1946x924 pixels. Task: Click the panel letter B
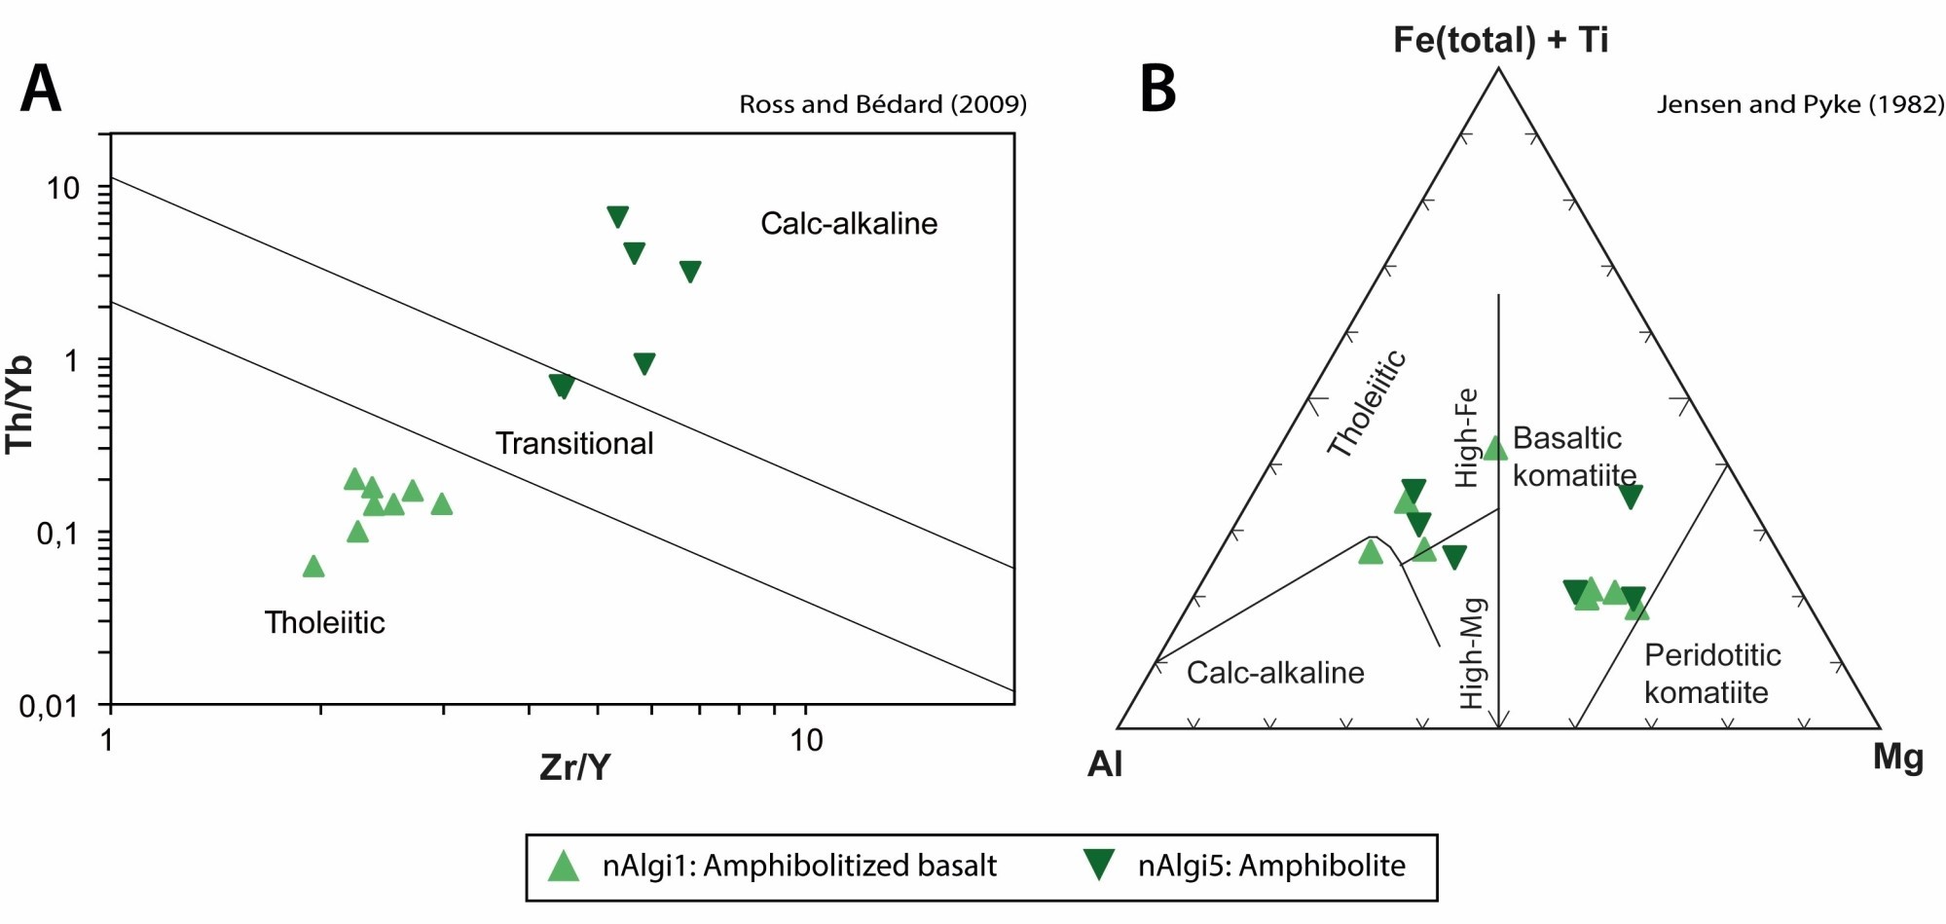coord(1157,89)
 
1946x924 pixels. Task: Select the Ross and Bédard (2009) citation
coord(882,104)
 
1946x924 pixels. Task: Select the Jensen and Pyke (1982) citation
coord(1800,104)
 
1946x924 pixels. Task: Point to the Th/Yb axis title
coord(19,404)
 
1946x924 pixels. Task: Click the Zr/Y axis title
coord(574,767)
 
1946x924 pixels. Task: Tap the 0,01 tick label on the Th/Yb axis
coord(49,706)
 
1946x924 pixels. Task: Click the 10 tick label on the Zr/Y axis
coord(806,741)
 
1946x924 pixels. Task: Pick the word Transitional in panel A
coord(574,443)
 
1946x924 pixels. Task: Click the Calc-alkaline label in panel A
coord(849,223)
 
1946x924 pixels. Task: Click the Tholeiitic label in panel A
coord(324,622)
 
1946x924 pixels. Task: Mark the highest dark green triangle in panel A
coord(617,217)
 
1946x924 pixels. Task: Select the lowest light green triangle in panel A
coord(312,567)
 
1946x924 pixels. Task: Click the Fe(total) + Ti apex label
coord(1500,39)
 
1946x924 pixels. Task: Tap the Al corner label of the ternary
coord(1105,764)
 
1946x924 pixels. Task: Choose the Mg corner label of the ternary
coord(1897,757)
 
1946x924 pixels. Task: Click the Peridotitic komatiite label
coord(1711,674)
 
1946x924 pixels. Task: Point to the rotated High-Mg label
coord(1472,652)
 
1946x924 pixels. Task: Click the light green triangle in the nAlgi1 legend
coord(564,866)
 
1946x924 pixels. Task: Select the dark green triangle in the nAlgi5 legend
coord(1099,865)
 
